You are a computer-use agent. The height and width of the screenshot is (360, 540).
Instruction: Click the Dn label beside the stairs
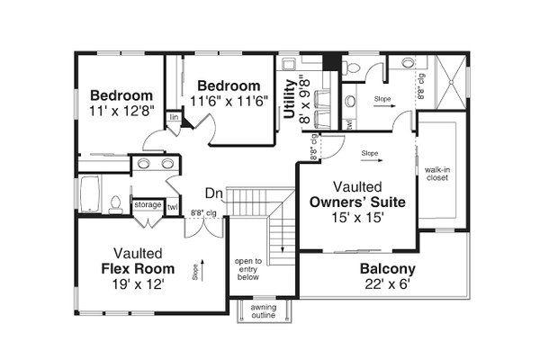point(213,193)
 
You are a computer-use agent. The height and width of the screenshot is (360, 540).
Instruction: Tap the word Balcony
point(387,269)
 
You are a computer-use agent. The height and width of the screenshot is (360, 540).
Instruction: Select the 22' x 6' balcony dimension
point(387,285)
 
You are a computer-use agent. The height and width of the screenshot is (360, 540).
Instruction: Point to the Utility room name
point(290,99)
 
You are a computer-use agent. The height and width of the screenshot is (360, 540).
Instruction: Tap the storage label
point(148,205)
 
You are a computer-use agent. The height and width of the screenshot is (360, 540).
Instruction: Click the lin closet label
point(174,118)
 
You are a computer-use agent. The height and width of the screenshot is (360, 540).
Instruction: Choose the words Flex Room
point(139,268)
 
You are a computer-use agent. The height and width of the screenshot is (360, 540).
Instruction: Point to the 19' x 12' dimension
point(139,284)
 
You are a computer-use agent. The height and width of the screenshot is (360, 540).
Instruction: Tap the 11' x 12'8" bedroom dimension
point(121,112)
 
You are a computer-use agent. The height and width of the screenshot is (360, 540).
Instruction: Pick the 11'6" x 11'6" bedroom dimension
point(229,102)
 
